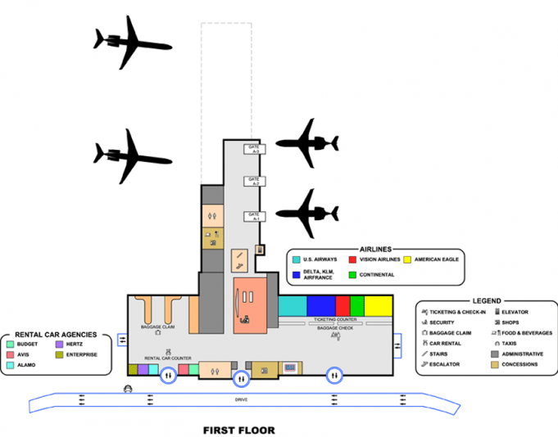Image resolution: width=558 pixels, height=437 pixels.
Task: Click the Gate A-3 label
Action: click(x=255, y=149)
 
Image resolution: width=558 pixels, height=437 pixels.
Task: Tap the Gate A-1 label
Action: click(x=255, y=217)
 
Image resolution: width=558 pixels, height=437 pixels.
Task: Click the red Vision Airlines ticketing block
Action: click(x=343, y=305)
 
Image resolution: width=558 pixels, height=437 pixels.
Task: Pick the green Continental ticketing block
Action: click(x=357, y=305)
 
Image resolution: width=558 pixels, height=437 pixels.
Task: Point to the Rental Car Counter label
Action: click(x=168, y=358)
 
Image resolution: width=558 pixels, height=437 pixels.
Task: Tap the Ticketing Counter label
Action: click(x=334, y=319)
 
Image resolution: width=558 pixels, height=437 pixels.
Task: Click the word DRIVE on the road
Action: click(x=239, y=399)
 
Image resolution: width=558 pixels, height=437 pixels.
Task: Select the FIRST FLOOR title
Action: click(x=238, y=430)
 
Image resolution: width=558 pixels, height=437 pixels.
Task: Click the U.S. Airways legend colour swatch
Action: click(x=296, y=259)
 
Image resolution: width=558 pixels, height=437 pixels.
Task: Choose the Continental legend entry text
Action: click(x=376, y=275)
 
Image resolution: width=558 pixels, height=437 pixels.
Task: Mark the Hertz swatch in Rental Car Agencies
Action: click(x=59, y=345)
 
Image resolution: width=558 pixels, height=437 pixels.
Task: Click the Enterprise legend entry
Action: click(x=81, y=355)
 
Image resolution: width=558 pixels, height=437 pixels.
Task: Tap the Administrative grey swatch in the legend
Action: click(x=496, y=354)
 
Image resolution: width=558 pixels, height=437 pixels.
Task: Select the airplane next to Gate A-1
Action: click(x=307, y=214)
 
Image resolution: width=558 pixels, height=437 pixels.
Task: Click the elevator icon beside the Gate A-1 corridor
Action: click(x=260, y=249)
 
